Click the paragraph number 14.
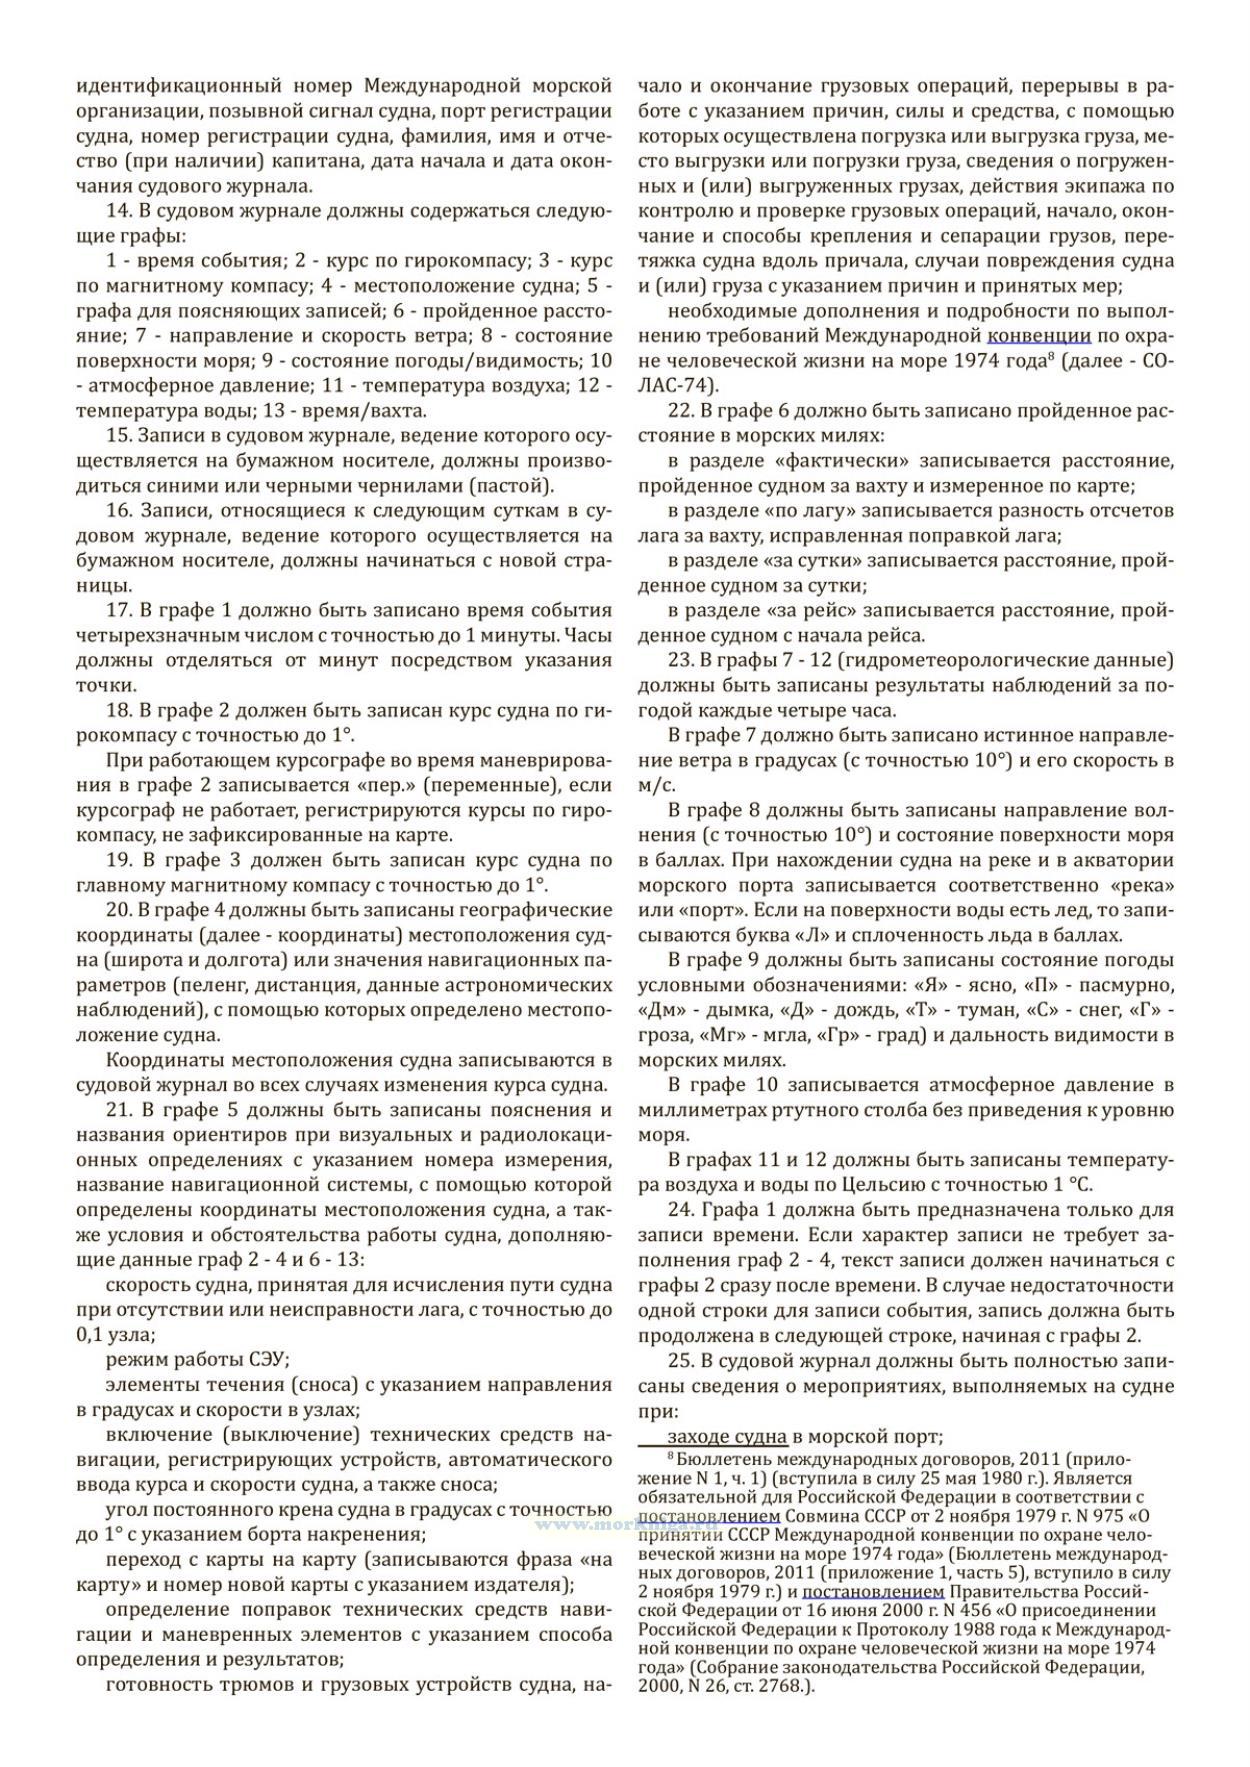click(x=118, y=211)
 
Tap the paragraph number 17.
click(x=118, y=611)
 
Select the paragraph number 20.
click(x=118, y=910)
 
